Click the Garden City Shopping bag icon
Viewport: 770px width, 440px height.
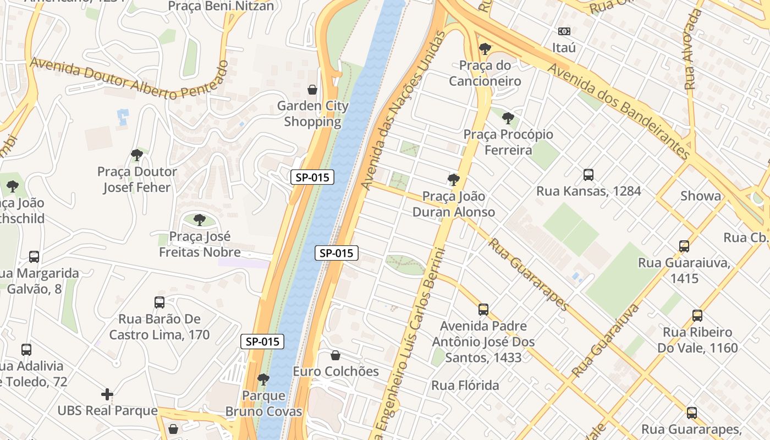[x=312, y=89]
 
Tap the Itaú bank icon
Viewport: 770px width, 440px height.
[x=564, y=31]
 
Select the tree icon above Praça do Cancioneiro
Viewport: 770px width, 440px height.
[x=485, y=49]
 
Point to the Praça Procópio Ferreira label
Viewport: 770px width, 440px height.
[x=508, y=142]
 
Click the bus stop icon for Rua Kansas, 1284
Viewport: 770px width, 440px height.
[x=588, y=175]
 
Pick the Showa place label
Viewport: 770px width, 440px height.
[x=700, y=196]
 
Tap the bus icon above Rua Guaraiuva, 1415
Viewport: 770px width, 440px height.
[x=684, y=246]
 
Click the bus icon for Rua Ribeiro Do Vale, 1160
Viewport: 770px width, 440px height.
[x=697, y=316]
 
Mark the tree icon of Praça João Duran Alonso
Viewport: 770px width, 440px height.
[x=454, y=179]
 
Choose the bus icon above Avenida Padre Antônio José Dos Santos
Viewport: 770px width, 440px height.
[x=483, y=310]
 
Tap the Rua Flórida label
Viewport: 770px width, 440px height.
[x=465, y=385]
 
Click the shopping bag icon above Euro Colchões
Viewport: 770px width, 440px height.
[x=335, y=355]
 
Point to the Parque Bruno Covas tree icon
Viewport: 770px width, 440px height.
[x=263, y=379]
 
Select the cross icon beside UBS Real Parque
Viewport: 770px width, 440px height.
[x=107, y=394]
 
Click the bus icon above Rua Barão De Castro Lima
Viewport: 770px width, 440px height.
[x=159, y=302]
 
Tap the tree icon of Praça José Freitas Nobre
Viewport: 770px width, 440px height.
[x=200, y=220]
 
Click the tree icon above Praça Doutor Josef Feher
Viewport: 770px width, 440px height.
[x=137, y=155]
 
